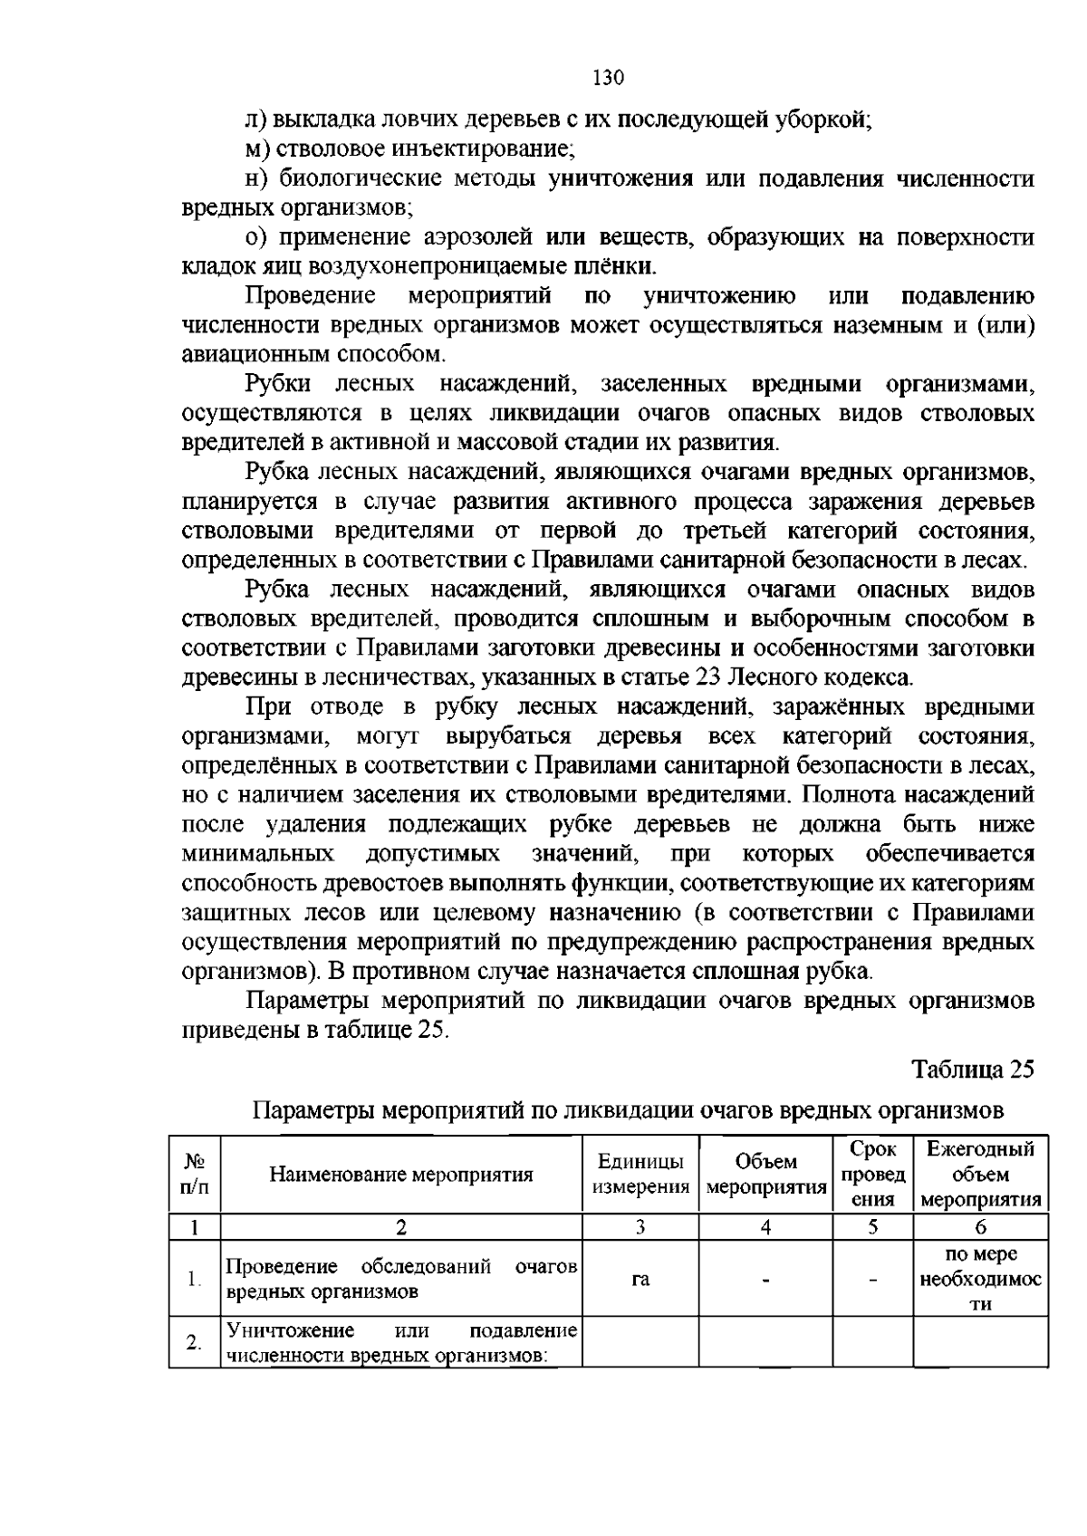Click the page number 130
[609, 78]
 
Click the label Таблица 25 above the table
[973, 1070]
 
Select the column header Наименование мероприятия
[401, 1176]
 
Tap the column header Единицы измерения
[640, 1175]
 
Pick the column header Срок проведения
[873, 1175]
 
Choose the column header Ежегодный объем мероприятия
[980, 1175]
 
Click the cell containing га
[640, 1279]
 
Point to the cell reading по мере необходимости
[980, 1279]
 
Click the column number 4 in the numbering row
[765, 1227]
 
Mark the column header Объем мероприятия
[765, 1175]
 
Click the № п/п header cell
[194, 1175]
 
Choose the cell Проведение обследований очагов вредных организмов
[401, 1279]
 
